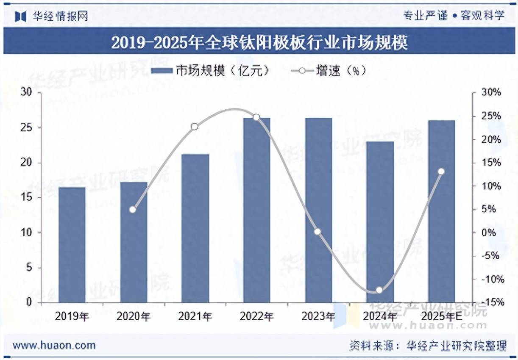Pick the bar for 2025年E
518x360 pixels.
coord(441,211)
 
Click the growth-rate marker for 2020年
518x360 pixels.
coord(133,209)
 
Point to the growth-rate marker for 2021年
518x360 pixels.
coord(195,127)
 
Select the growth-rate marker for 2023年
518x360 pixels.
coord(317,232)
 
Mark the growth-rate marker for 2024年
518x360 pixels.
coord(379,290)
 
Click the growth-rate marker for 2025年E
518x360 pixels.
coord(441,172)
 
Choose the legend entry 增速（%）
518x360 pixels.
coord(329,71)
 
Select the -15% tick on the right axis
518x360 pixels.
coord(492,302)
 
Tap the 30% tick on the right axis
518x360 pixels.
coord(492,93)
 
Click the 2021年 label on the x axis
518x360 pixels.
coord(195,316)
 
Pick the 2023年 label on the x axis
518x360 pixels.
coord(318,316)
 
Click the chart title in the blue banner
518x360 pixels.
coord(259,42)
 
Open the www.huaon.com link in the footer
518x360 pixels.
coord(54,345)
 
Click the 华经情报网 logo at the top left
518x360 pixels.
coord(52,17)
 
